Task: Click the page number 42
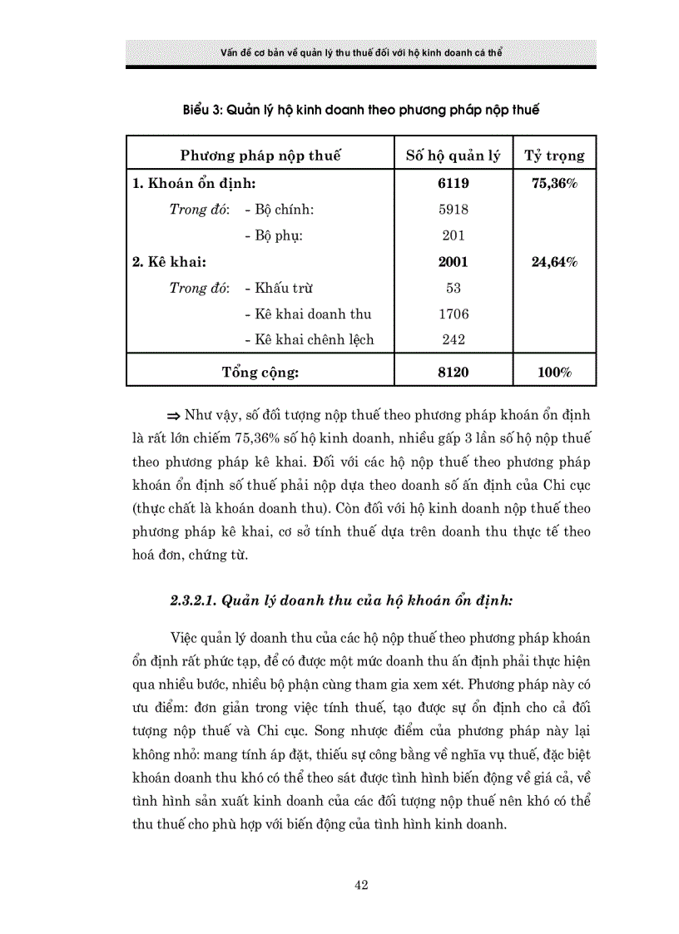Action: tap(361, 885)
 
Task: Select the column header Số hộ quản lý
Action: tap(453, 156)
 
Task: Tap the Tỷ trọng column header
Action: tap(554, 156)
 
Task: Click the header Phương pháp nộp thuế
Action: tap(260, 156)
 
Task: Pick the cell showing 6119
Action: tap(453, 183)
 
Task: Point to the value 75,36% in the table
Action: tap(554, 183)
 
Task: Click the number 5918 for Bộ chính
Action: tap(453, 210)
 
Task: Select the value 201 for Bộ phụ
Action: tap(453, 235)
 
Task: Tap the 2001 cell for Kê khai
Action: tap(453, 262)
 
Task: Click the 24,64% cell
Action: tap(554, 262)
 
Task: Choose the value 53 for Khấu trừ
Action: tap(453, 289)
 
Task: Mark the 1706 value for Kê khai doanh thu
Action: tap(453, 314)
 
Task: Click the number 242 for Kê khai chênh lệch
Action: tap(453, 340)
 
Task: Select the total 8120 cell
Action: tap(453, 373)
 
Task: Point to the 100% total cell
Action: tap(554, 373)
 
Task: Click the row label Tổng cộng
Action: tap(260, 373)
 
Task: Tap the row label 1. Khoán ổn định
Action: tap(193, 183)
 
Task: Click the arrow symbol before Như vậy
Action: tap(174, 414)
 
